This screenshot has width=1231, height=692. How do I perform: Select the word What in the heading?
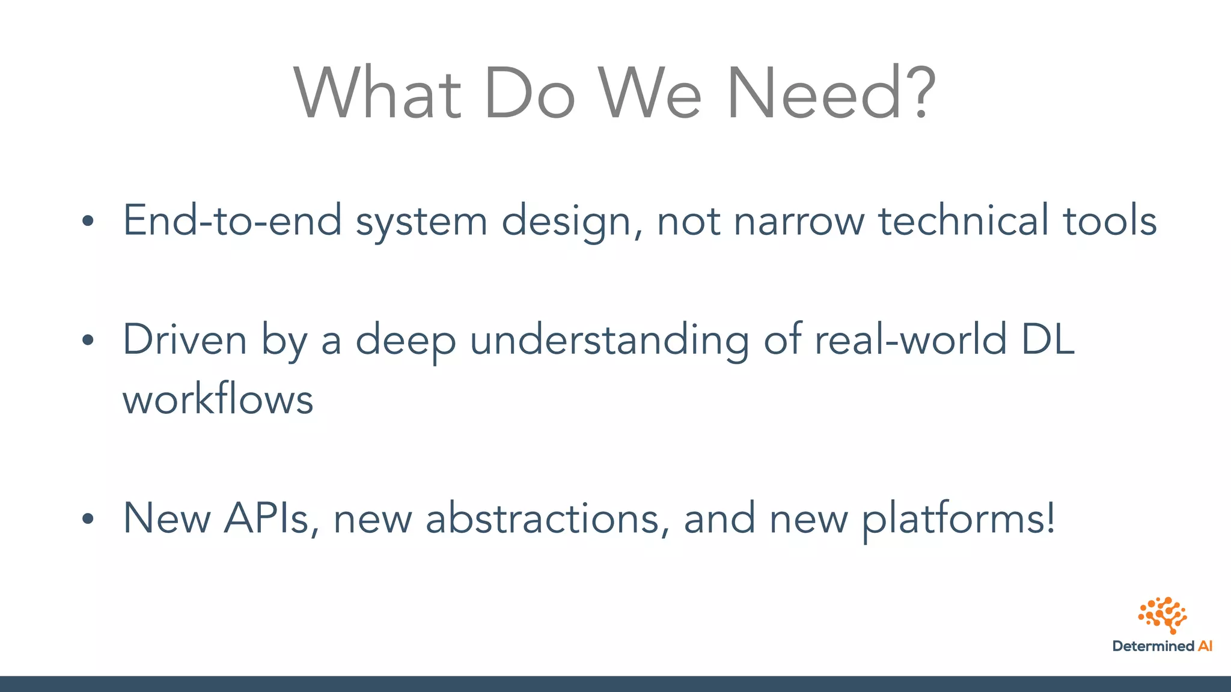(x=377, y=93)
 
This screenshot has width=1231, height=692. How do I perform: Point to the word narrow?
(x=799, y=220)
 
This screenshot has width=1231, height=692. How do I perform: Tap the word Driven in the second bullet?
(x=185, y=339)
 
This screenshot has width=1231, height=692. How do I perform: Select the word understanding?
(x=609, y=341)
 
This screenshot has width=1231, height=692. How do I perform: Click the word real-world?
(x=910, y=339)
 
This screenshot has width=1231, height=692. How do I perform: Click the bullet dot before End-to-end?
(x=88, y=221)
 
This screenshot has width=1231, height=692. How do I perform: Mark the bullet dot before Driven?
(x=88, y=341)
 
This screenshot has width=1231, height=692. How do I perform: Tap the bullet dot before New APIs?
(x=88, y=519)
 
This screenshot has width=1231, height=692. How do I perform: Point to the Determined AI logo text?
(x=1162, y=646)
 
